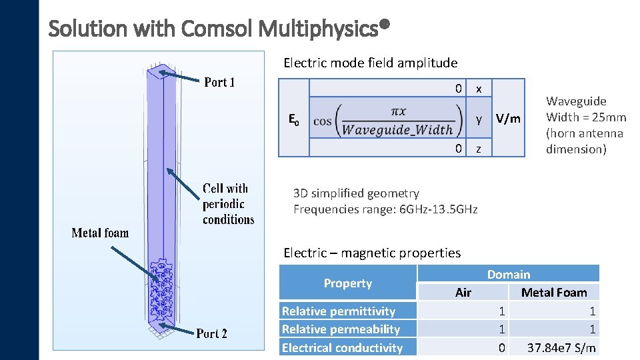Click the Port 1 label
[219, 83]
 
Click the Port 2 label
[211, 333]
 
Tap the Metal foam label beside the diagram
[100, 233]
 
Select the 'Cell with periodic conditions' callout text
[228, 204]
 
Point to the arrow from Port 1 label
[180, 78]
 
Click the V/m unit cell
[509, 119]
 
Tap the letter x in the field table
[478, 89]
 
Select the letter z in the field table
[477, 149]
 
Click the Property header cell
[347, 283]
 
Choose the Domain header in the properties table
[509, 274]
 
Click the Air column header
[463, 293]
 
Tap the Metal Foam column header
[554, 293]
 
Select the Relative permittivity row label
[339, 311]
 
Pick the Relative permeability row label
[341, 329]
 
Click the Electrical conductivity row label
[342, 347]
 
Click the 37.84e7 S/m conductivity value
[561, 347]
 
